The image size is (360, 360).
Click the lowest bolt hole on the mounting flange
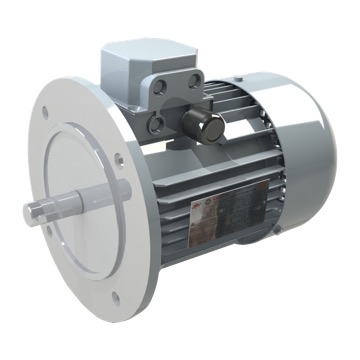115,296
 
